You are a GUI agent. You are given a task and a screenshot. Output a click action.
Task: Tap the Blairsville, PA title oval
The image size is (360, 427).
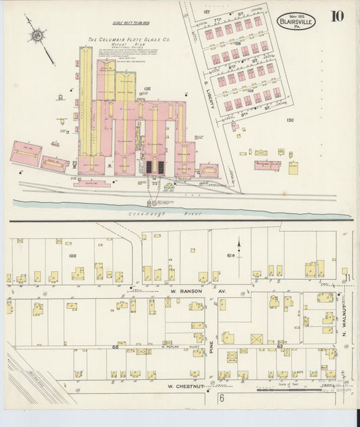click(x=295, y=21)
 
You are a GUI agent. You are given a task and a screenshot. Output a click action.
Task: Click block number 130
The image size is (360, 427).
click(x=290, y=120)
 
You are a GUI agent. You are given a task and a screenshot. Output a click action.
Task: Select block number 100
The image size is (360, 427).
click(x=72, y=255)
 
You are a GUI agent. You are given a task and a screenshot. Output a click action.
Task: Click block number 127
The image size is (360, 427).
click(x=207, y=12)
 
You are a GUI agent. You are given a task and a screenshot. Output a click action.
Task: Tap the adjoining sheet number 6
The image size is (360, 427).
click(x=221, y=399)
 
